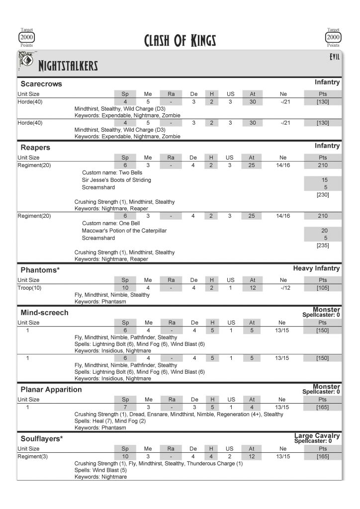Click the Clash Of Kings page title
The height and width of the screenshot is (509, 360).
(x=180, y=40)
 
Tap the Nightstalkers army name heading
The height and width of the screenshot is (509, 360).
(x=68, y=66)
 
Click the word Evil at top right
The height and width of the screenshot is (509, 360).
(x=334, y=57)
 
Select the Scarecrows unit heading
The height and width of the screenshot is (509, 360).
(x=41, y=84)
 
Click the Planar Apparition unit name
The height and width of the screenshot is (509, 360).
(x=51, y=389)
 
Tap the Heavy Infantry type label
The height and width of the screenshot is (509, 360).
(x=316, y=268)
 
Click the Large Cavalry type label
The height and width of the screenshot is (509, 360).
(x=317, y=436)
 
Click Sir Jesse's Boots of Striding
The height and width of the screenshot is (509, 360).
(x=116, y=180)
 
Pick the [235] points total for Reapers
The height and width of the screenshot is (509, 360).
(x=323, y=245)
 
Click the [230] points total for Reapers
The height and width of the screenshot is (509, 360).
(x=323, y=194)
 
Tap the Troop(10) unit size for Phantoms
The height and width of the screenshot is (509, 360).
(x=30, y=288)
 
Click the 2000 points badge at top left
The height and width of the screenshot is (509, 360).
(x=27, y=37)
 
